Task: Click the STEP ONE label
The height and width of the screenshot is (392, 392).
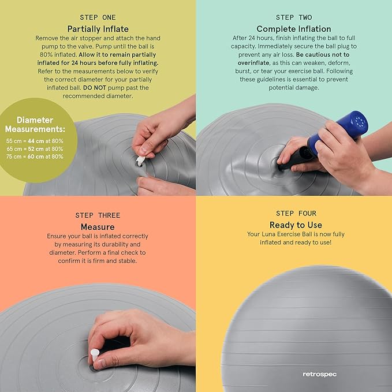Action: (98, 17)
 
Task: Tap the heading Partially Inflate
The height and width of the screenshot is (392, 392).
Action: (98, 29)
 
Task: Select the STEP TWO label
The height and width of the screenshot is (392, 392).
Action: (294, 17)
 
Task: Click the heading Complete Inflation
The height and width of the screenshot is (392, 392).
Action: (294, 29)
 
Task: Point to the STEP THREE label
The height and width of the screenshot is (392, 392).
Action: (98, 215)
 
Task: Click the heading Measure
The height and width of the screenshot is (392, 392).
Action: (98, 227)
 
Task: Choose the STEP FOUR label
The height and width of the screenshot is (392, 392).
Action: (296, 214)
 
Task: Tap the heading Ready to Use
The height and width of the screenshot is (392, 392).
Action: (296, 225)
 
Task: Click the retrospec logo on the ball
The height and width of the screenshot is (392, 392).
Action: (319, 374)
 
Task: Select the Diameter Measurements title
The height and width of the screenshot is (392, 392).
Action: (35, 125)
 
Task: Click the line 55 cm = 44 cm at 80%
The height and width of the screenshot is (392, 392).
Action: (35, 141)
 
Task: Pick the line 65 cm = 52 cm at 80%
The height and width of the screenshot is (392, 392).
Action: (35, 149)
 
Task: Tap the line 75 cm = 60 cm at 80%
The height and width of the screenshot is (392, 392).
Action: (35, 156)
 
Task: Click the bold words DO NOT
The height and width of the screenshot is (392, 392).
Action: (95, 88)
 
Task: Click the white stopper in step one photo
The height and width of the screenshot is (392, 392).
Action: (140, 160)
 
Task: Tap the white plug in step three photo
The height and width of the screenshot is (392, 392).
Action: (95, 355)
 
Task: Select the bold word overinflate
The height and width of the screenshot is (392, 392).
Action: (253, 63)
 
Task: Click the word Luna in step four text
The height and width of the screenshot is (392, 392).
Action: (268, 234)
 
